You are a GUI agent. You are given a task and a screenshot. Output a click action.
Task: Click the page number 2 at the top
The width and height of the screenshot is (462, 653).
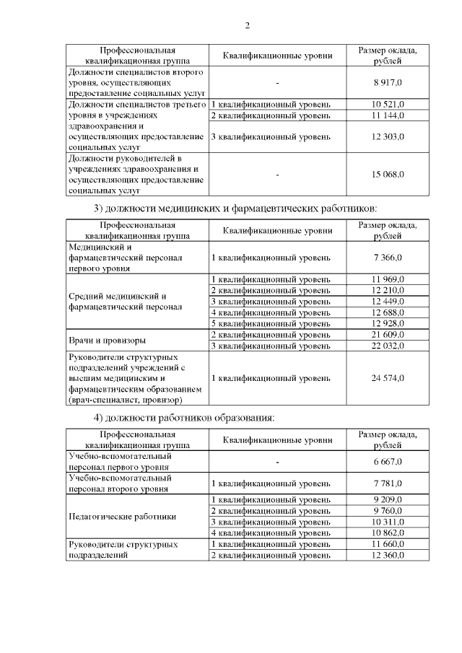(247, 27)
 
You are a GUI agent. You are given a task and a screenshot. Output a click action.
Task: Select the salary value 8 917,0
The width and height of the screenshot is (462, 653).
(388, 83)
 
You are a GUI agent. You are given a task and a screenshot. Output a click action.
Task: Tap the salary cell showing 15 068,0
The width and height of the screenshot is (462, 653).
(388, 174)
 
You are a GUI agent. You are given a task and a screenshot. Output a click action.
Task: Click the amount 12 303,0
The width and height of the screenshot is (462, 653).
(388, 136)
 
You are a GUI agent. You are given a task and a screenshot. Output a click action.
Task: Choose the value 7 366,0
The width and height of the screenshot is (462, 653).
(388, 258)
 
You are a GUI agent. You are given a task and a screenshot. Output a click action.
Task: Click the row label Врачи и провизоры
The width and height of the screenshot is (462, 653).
(107, 340)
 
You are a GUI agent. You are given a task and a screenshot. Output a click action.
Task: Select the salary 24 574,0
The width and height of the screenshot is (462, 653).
(388, 377)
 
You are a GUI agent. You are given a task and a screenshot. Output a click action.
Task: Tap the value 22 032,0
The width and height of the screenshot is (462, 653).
(388, 346)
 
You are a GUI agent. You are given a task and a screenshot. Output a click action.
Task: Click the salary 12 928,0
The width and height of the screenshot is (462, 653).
(388, 323)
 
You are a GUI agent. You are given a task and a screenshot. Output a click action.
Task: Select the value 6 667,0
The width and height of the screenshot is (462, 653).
(388, 462)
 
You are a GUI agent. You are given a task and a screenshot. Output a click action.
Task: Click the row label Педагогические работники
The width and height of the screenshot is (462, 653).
(121, 517)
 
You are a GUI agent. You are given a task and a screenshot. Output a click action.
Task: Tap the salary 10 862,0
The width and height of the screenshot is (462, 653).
(388, 533)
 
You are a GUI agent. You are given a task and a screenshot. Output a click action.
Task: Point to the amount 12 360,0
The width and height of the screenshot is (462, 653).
(388, 555)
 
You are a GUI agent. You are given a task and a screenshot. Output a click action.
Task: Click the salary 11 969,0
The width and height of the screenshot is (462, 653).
(388, 279)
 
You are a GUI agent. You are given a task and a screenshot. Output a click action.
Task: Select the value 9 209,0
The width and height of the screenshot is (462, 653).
(388, 499)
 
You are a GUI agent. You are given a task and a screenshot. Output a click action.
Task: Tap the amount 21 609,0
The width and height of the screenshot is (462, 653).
(388, 335)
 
